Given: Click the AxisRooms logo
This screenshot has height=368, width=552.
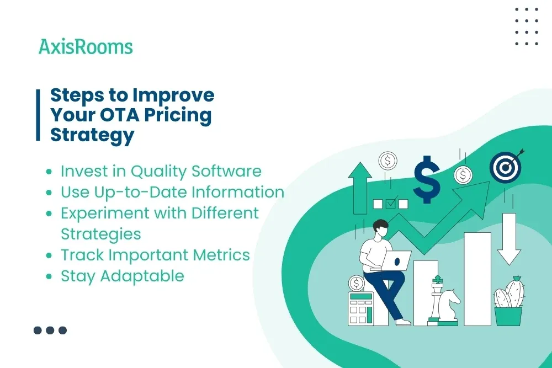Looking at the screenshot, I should pos(86,47).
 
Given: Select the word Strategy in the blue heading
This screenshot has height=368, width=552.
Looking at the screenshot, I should pos(92,135).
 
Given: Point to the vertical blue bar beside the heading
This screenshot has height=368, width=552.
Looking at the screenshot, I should pos(38,115).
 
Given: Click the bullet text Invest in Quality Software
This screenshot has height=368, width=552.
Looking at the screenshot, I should pos(161,171).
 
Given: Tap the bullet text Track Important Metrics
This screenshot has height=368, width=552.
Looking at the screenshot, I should pos(155,255).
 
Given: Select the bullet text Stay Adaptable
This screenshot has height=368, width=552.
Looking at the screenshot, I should pos(122,276).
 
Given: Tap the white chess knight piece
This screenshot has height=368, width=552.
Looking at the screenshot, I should pos(450,305).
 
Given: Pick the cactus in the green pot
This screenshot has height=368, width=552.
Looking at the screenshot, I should pos(508,295).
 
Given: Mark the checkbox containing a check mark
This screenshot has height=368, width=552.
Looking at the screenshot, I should pos(391,204).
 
